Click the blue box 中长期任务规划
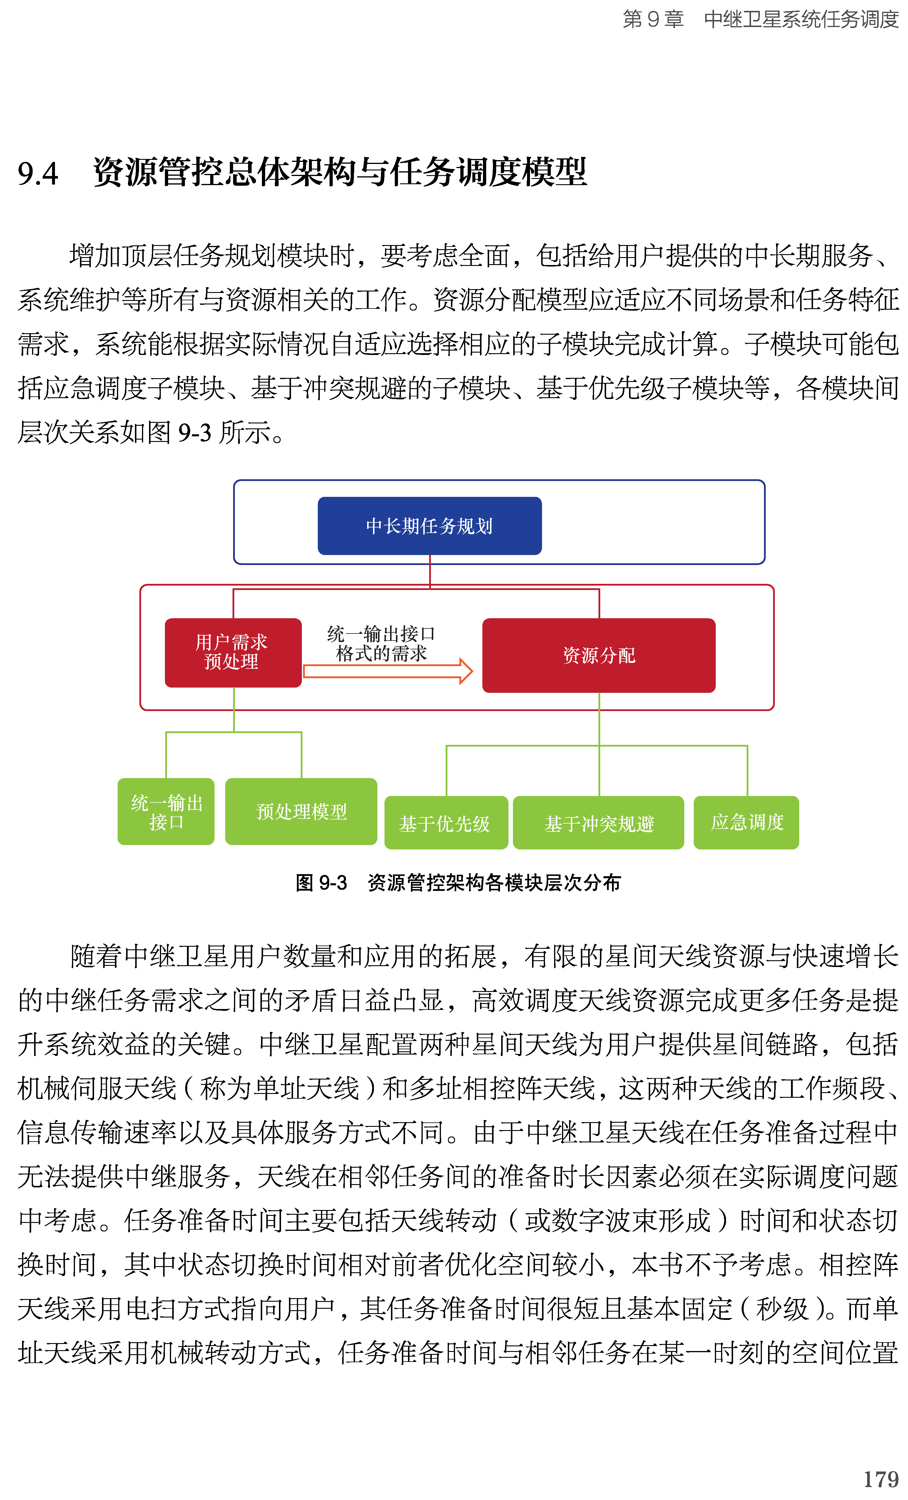coord(429,525)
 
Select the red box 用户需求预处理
coord(233,652)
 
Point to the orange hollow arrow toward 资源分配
coord(388,671)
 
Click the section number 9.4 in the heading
coord(38,173)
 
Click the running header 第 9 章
coord(653,19)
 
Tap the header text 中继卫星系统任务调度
coord(801,19)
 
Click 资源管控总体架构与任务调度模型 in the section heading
coord(340,172)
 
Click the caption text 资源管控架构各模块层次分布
coord(494,882)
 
